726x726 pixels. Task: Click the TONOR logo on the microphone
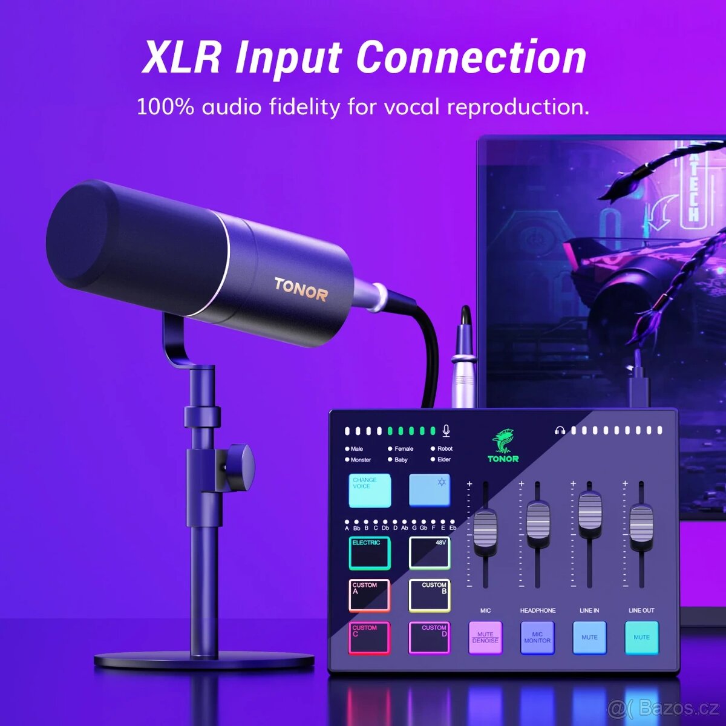click(x=301, y=289)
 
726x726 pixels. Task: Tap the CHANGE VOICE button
click(x=370, y=490)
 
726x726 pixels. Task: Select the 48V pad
click(x=430, y=552)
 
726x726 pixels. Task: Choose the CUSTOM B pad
click(x=430, y=595)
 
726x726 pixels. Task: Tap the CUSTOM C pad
click(x=369, y=638)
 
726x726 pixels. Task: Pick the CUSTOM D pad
click(x=430, y=638)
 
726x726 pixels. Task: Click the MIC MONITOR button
click(x=537, y=638)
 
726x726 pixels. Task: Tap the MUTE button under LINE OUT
click(x=641, y=638)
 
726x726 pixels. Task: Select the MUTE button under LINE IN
click(x=589, y=638)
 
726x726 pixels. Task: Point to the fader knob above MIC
click(x=485, y=529)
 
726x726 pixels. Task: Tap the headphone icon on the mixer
click(x=560, y=431)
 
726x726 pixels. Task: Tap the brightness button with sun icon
click(x=430, y=490)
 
